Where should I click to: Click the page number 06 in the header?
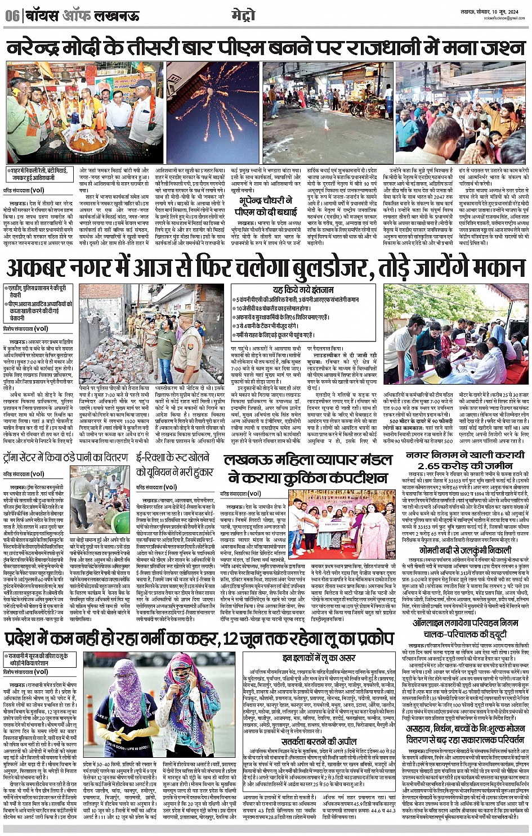[11, 16]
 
